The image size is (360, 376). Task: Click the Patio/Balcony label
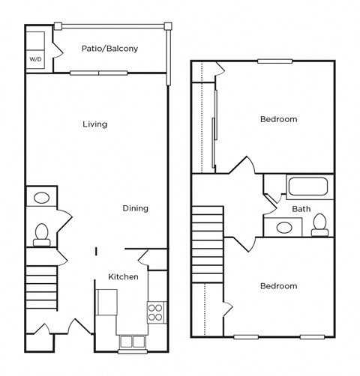[x=109, y=49]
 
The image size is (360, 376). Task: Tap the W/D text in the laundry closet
[x=36, y=58]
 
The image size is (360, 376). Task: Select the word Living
[x=94, y=124]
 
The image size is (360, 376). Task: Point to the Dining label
[x=136, y=208]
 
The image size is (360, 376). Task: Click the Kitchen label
[x=123, y=277]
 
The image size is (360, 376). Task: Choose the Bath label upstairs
[x=301, y=209]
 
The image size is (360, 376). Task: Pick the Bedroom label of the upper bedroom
[x=278, y=119]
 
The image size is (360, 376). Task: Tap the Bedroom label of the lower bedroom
[x=278, y=286]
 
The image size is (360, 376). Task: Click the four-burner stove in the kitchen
[x=155, y=312]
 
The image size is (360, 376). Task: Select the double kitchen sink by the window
[x=132, y=342]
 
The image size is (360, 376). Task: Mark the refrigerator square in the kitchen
[x=106, y=302]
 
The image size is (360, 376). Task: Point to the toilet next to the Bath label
[x=320, y=223]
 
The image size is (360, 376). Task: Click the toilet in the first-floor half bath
[x=40, y=234]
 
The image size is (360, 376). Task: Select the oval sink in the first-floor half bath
[x=40, y=198]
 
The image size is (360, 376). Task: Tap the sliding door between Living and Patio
[x=99, y=73]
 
